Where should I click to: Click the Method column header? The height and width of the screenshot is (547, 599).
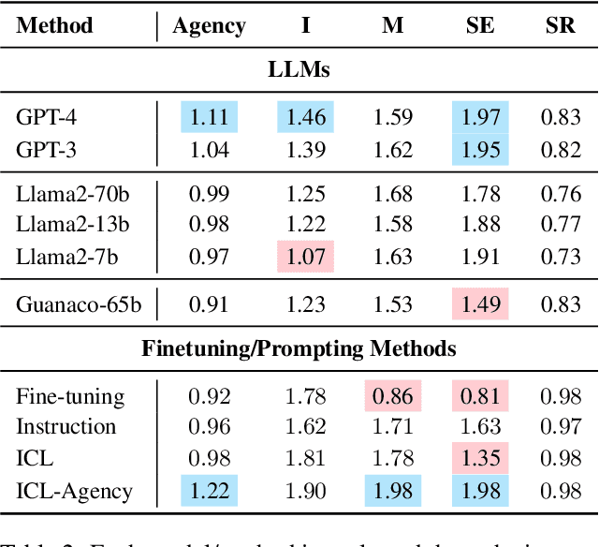point(55,25)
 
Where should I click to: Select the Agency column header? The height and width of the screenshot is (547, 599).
point(210,25)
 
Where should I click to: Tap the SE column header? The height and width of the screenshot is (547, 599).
point(481,25)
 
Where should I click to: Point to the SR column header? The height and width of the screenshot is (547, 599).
point(560,25)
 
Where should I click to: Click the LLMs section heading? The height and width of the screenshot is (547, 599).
point(299,70)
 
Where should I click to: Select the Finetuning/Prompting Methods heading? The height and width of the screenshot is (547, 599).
point(299,348)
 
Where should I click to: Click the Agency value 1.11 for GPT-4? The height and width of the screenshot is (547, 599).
point(210,117)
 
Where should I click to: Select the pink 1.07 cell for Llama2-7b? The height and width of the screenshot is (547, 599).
point(306,254)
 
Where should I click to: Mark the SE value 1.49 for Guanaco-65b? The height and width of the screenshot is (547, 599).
point(481,303)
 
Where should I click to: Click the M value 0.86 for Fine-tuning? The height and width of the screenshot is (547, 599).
point(393,396)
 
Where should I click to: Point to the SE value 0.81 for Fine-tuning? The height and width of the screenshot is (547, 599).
point(481,396)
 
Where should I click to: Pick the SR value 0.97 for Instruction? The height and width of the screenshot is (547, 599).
point(560,427)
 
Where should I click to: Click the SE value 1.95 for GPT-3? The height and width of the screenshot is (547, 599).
point(481,148)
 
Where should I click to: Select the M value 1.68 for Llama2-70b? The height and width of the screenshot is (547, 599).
point(393,194)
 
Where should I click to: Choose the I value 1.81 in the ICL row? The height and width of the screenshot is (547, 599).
point(306,457)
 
